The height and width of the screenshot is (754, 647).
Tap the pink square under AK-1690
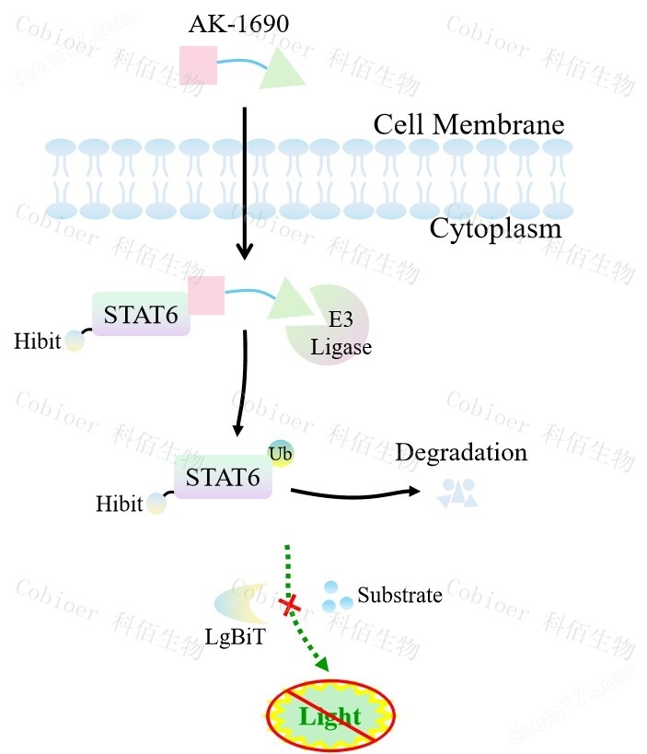click(x=198, y=66)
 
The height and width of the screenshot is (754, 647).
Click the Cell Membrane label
click(x=468, y=123)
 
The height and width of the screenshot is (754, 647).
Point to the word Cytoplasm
click(x=495, y=227)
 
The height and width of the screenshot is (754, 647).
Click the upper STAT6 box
click(x=141, y=314)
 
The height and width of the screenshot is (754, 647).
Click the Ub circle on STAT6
click(x=280, y=452)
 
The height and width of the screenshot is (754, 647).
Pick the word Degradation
click(x=461, y=452)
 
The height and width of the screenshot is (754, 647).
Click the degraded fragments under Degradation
click(x=458, y=493)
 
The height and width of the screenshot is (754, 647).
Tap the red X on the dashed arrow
click(x=291, y=605)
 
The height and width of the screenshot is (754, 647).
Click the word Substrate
click(x=399, y=595)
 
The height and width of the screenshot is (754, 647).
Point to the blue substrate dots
click(x=336, y=597)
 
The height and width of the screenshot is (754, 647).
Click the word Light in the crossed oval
click(x=330, y=716)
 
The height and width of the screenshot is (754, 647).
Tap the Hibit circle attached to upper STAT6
click(x=74, y=342)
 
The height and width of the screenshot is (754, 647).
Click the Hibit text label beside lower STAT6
click(x=120, y=504)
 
